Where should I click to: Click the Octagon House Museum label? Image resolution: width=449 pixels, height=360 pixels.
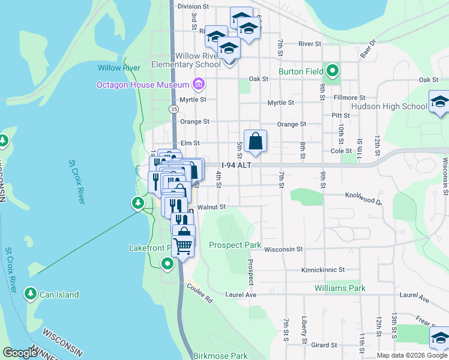(143, 85)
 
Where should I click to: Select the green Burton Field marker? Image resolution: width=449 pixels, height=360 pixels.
(331, 73)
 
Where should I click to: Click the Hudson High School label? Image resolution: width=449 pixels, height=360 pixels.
(389, 106)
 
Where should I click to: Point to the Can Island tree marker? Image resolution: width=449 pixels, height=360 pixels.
(29, 294)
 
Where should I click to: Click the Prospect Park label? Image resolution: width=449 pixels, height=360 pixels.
(235, 245)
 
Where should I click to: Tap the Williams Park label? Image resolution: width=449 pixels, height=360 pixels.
(340, 288)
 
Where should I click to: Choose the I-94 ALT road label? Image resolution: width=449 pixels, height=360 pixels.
(235, 165)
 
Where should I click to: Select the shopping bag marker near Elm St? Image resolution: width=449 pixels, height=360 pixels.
(255, 142)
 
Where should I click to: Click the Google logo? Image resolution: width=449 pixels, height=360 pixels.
(20, 353)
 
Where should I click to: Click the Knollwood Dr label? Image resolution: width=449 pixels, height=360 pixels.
(363, 195)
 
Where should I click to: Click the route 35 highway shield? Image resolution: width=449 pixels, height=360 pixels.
(173, 109)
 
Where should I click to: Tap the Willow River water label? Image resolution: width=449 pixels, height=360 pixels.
(119, 68)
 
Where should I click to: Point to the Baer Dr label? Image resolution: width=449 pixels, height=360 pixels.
(367, 49)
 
